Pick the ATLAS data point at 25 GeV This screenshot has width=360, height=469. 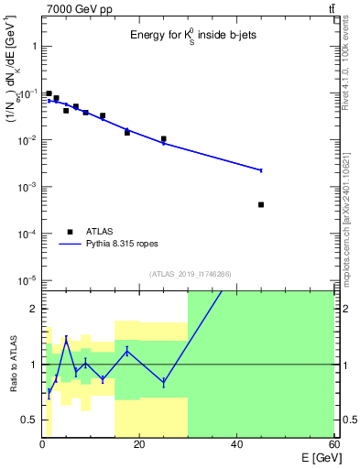click(164, 139)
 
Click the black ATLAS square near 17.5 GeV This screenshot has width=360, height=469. click(127, 133)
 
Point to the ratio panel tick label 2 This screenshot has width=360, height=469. click(33, 309)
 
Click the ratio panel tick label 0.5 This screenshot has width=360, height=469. click(28, 420)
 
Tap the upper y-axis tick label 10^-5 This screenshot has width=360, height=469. click(27, 280)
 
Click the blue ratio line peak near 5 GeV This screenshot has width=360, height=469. click(66, 339)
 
